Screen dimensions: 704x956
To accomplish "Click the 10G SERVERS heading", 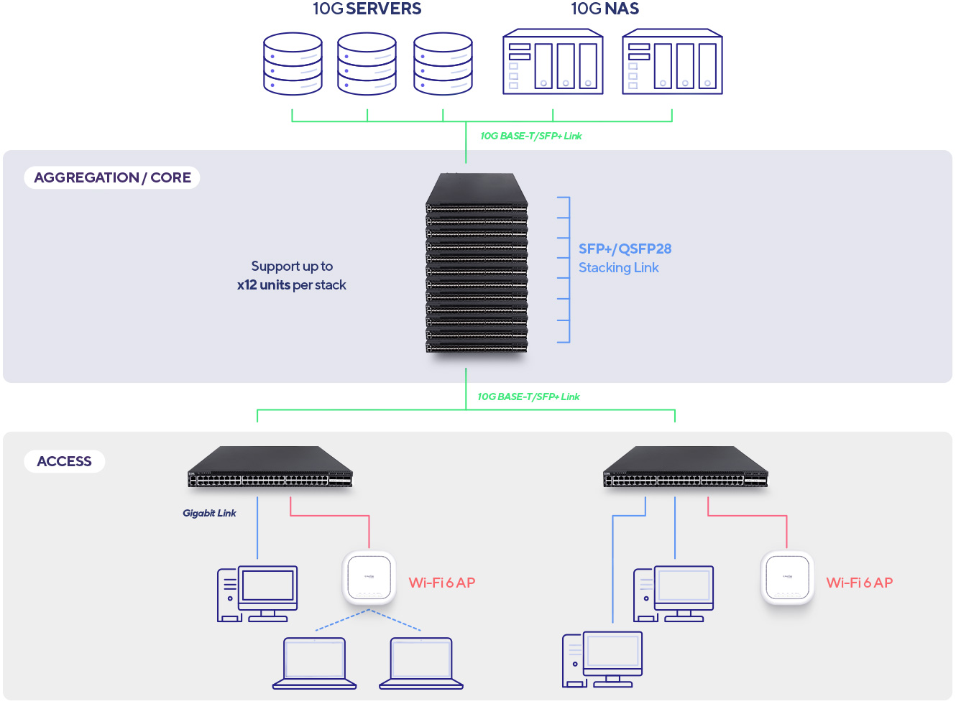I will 367,9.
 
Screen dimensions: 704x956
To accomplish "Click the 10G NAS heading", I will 605,9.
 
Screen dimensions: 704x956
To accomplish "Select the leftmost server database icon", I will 293,63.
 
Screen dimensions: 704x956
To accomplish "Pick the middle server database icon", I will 367,63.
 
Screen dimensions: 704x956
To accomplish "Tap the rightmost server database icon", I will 443,63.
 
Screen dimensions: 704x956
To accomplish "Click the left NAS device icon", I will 553,62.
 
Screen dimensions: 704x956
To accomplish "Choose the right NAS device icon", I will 672,62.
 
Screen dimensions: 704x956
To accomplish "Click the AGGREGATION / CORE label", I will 112,177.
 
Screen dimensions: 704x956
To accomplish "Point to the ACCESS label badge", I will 65,461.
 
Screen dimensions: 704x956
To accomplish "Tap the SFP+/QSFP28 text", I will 625,249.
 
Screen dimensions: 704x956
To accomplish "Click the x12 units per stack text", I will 291,285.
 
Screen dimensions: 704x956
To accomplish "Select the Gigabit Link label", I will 209,513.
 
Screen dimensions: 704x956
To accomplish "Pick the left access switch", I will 270,468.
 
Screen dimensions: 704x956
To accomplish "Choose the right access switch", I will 686,468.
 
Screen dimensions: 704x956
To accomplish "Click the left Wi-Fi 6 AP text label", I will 441,583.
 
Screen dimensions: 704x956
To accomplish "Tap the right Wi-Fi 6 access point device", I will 787,578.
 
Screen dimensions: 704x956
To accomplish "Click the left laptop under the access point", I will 315,663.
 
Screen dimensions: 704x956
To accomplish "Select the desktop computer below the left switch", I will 257,593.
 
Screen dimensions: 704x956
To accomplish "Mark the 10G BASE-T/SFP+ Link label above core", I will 530,136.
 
